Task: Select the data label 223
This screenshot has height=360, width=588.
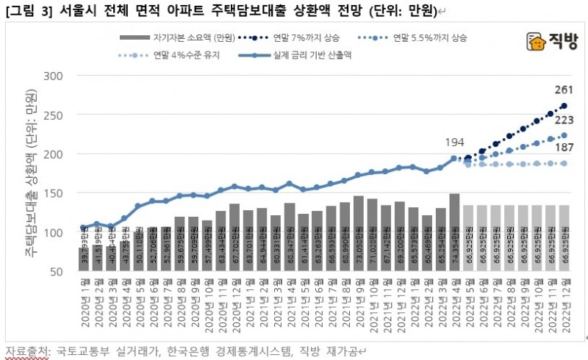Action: (562, 119)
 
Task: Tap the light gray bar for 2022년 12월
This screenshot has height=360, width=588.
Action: (564, 238)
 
